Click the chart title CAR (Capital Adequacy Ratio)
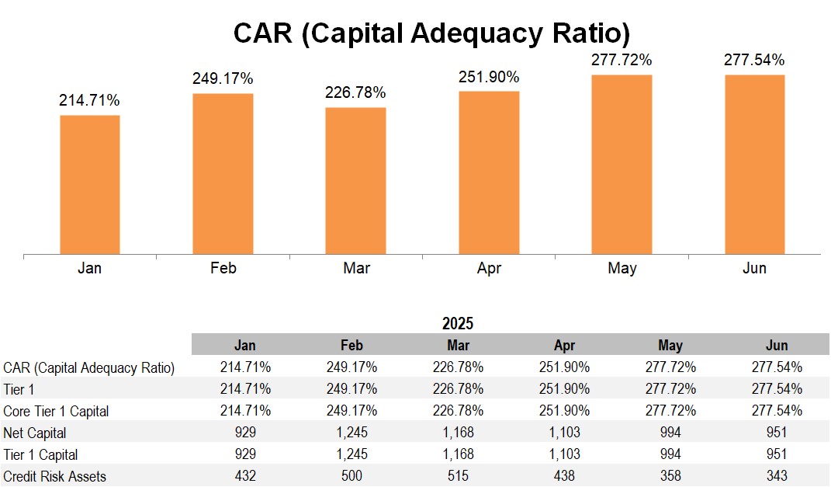point(431,33)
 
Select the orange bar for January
point(90,184)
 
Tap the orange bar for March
point(355,180)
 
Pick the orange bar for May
point(622,164)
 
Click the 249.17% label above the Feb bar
point(223,78)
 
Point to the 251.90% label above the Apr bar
point(489,77)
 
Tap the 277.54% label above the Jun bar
point(754,60)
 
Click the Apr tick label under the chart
point(489,269)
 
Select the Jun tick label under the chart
point(754,269)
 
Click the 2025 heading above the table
point(458,323)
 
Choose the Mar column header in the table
point(458,345)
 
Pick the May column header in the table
point(670,345)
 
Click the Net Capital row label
point(35,433)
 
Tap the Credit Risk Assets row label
point(54,476)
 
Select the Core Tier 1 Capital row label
point(56,411)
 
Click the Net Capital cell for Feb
point(351,433)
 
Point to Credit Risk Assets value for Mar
point(458,476)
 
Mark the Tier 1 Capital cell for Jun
point(776,454)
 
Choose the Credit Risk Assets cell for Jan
point(245,476)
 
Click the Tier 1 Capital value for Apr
point(564,454)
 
